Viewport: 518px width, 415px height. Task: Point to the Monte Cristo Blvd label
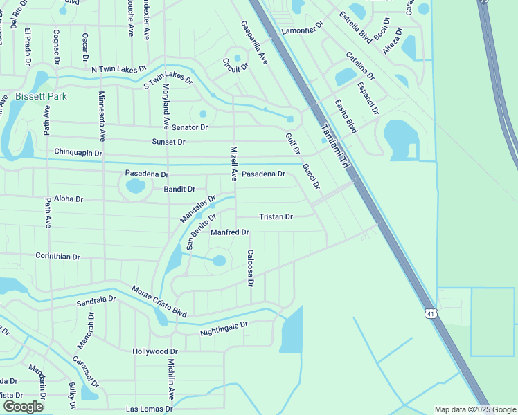[159, 302]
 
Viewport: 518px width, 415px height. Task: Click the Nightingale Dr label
[224, 329]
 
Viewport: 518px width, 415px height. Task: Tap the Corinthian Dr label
[57, 257]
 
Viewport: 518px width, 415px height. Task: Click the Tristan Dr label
[276, 217]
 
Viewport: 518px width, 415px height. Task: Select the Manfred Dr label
[229, 232]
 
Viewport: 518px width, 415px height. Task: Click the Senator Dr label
[190, 127]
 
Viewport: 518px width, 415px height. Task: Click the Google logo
[24, 407]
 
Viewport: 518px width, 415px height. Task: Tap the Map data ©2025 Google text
[474, 409]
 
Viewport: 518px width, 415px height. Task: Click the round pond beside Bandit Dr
[135, 185]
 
